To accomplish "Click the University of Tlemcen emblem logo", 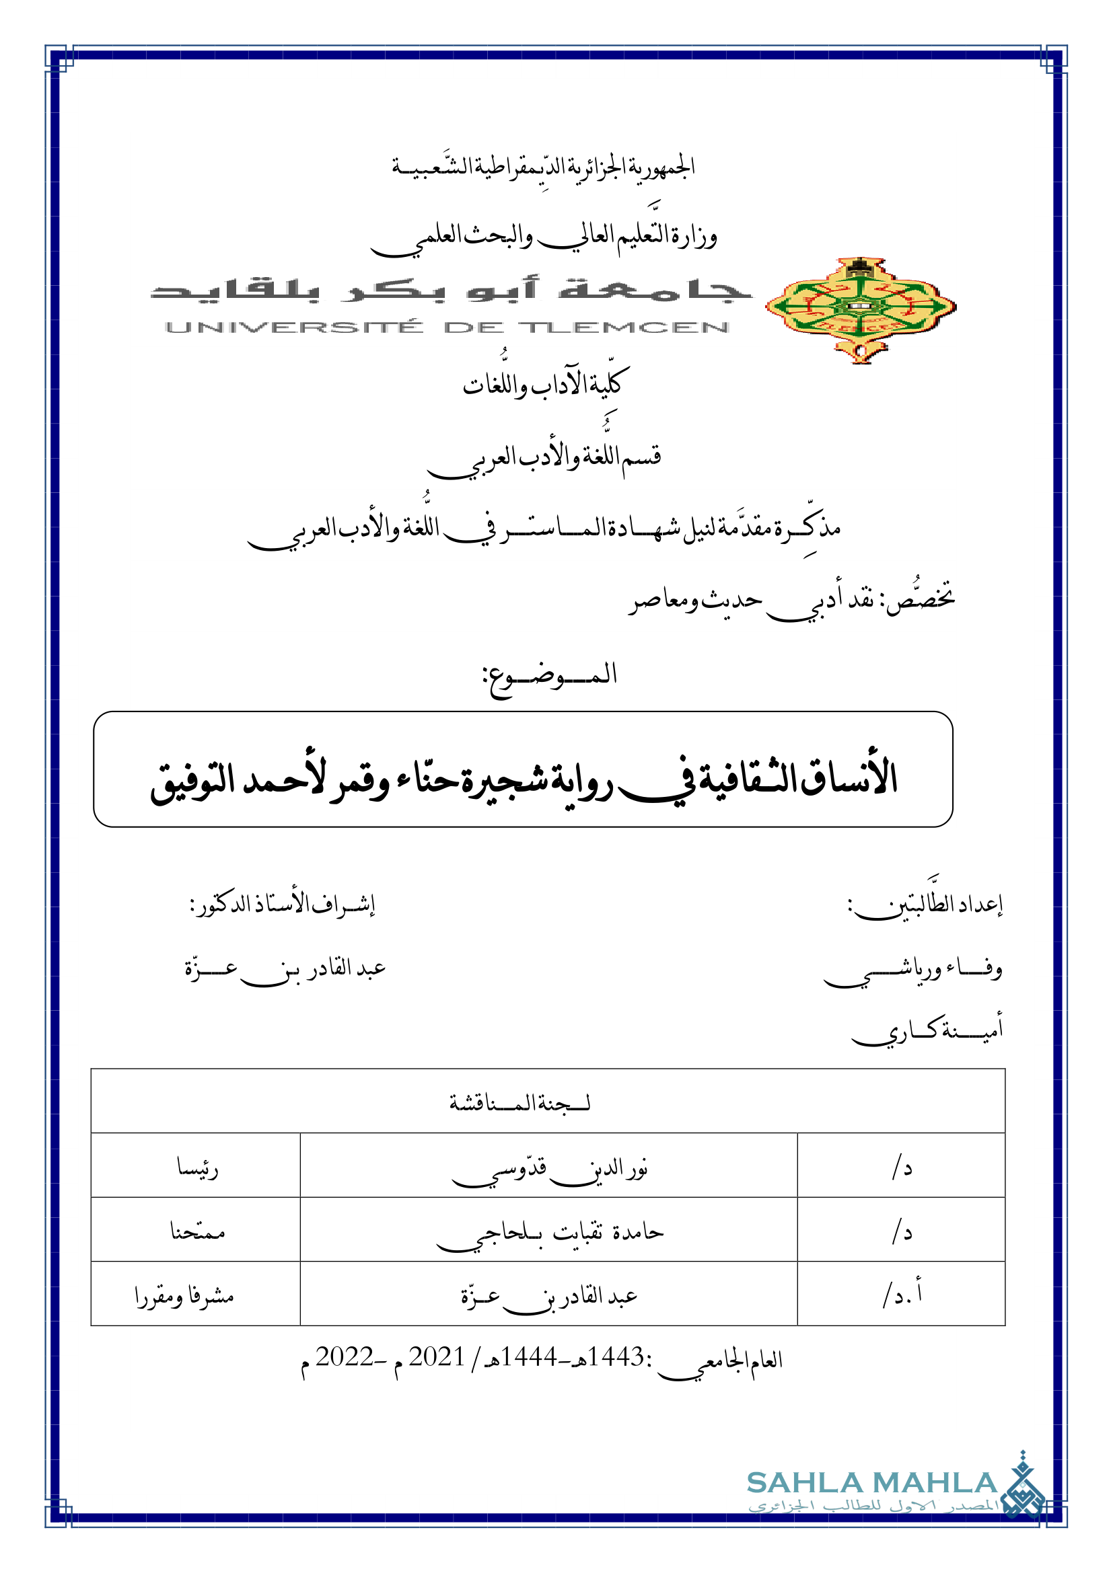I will (860, 309).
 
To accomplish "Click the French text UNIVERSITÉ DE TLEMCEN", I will (447, 328).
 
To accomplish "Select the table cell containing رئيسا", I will (197, 1168).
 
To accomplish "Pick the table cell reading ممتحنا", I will (197, 1232).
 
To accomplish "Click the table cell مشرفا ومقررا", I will (185, 1295).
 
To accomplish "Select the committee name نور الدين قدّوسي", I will (550, 1169).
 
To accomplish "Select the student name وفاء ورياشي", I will (914, 970).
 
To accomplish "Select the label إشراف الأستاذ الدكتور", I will (283, 905).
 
